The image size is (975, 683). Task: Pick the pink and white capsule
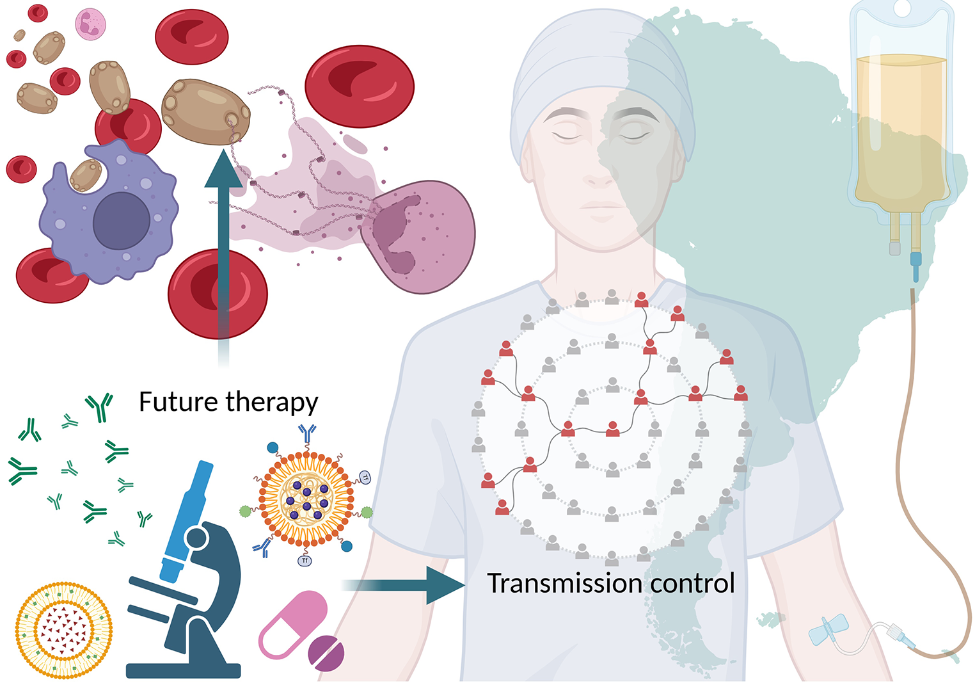click(292, 624)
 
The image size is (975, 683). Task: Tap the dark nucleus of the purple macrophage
click(122, 221)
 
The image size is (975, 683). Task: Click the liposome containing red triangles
click(64, 630)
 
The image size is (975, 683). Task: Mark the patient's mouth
click(601, 207)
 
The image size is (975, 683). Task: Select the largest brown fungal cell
click(205, 111)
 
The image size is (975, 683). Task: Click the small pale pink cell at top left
click(90, 24)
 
